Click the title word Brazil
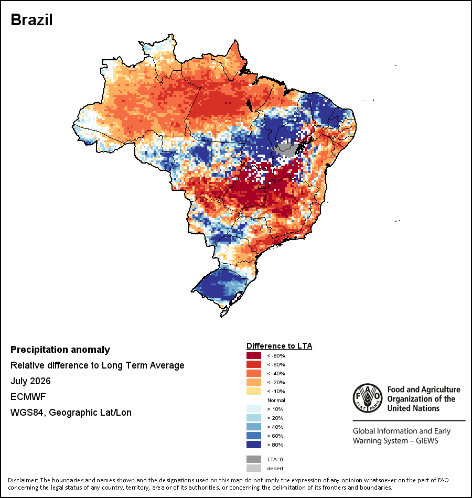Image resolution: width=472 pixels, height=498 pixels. [x=31, y=20]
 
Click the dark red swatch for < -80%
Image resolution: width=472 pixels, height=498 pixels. [x=254, y=355]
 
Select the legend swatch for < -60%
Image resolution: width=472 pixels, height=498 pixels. [x=254, y=364]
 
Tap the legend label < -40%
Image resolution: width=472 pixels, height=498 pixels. [x=276, y=373]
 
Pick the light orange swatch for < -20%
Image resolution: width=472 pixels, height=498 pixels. [x=254, y=382]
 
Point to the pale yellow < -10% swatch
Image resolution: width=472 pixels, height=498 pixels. [x=254, y=391]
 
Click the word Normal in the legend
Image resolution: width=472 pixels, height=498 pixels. [x=276, y=400]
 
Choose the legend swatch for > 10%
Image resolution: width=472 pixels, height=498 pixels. [x=254, y=409]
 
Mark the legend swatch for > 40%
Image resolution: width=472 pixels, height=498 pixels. [x=254, y=427]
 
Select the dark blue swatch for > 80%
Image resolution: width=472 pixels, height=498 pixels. [x=254, y=445]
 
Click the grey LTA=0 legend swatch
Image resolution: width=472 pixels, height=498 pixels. [x=254, y=459]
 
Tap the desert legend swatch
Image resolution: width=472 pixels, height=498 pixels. [x=254, y=468]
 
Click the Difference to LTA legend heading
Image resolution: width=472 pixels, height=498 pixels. [x=279, y=346]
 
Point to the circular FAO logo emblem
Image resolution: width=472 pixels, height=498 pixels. [x=368, y=398]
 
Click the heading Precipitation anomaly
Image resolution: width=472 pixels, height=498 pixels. [x=60, y=350]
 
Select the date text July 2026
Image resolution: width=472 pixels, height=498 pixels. [x=30, y=381]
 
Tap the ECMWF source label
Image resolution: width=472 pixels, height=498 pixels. [x=28, y=397]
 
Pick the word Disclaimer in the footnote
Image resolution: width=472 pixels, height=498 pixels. [x=23, y=480]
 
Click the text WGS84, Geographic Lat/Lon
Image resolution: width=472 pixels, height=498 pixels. [x=71, y=413]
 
